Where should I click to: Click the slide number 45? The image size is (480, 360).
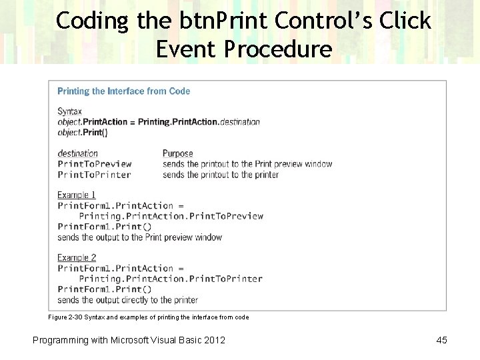coord(441,340)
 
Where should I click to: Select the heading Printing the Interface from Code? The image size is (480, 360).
coord(123,91)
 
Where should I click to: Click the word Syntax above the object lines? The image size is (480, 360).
coord(69,111)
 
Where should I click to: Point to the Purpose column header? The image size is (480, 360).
coord(177,153)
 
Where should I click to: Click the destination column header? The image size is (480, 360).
coord(77,153)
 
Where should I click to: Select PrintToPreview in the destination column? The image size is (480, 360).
coord(95,164)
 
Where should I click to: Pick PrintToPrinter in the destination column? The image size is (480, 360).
coord(94,175)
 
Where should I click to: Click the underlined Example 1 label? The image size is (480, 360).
coord(77,195)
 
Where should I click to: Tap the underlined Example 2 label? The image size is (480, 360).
coord(77,257)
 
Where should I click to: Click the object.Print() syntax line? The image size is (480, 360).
coord(82,132)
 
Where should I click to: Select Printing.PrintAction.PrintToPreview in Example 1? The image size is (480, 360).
coord(171,216)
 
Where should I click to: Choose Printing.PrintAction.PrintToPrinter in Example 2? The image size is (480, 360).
coord(170,279)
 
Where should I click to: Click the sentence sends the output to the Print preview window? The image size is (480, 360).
coord(139,237)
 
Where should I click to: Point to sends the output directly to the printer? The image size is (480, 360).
coord(127,300)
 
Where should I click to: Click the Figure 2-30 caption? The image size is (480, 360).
coord(148,317)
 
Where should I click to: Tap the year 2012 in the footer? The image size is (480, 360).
coord(215,340)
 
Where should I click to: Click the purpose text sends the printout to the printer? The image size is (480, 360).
coord(220,175)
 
